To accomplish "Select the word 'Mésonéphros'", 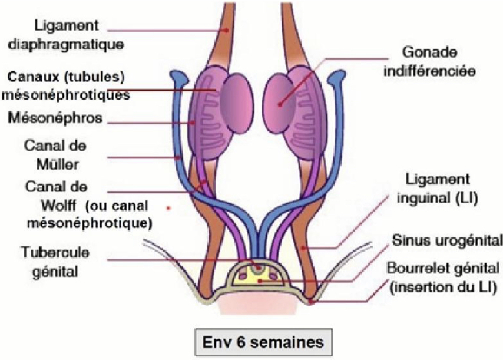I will (55, 118).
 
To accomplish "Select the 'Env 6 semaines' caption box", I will (260, 341).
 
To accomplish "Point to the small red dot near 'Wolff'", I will (169, 208).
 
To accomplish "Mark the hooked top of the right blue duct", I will (339, 77).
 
